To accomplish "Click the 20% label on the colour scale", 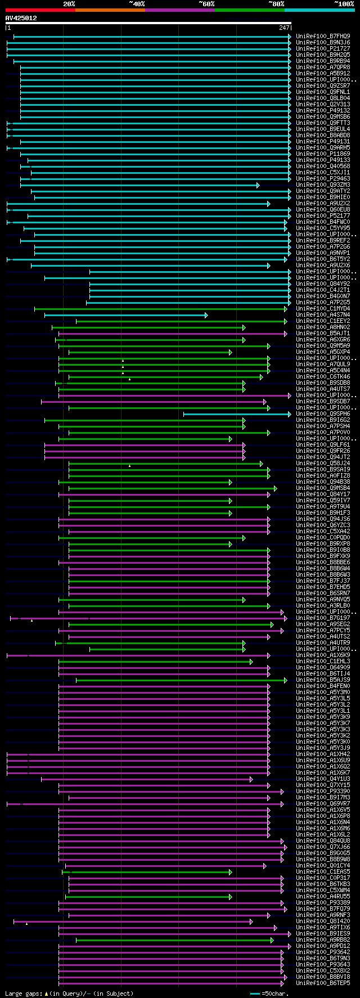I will pyautogui.click(x=69, y=4).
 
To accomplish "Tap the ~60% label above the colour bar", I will pyautogui.click(x=206, y=4).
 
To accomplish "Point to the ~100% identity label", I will pyautogui.click(x=344, y=4).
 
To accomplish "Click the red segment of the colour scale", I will pyautogui.click(x=40, y=10).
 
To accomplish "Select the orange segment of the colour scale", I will pyautogui.click(x=110, y=10).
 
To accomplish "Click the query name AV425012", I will pyautogui.click(x=21, y=18).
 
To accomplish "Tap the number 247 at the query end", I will pyautogui.click(x=284, y=28).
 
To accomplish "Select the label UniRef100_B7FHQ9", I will pyautogui.click(x=323, y=37).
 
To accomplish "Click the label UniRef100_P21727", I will pyautogui.click(x=323, y=49).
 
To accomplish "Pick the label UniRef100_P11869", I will pyautogui.click(x=323, y=154).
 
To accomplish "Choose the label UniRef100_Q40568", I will pyautogui.click(x=323, y=167).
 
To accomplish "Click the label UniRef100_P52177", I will pyautogui.click(x=323, y=216).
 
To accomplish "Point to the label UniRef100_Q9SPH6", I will pyautogui.click(x=323, y=414).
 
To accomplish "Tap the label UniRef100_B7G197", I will pyautogui.click(x=323, y=618).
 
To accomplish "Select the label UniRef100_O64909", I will pyautogui.click(x=323, y=668).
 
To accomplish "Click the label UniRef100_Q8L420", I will pyautogui.click(x=323, y=921).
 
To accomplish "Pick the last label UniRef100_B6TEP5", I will pyautogui.click(x=323, y=983).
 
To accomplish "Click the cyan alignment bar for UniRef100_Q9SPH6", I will pyautogui.click(x=236, y=415).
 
